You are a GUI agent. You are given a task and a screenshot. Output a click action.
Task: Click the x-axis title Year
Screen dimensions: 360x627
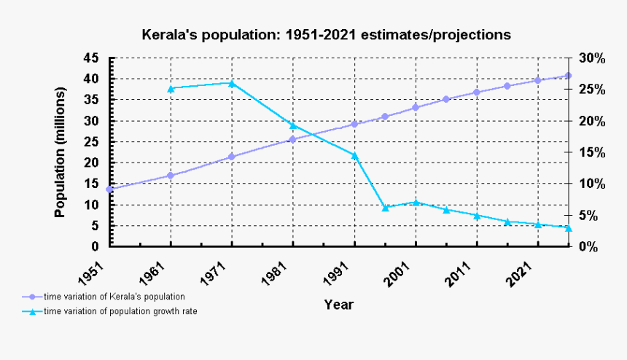pyautogui.click(x=338, y=305)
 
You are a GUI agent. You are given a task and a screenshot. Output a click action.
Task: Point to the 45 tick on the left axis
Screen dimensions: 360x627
pyautogui.click(x=90, y=58)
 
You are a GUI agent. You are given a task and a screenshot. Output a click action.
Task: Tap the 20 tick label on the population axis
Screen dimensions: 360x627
pyautogui.click(x=90, y=163)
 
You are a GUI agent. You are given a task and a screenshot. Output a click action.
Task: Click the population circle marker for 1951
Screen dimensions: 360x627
pyautogui.click(x=109, y=189)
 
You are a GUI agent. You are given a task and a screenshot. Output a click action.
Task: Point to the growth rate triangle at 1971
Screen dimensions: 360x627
pyautogui.click(x=232, y=83)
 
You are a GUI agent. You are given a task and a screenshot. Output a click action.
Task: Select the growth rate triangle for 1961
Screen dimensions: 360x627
pyautogui.click(x=171, y=89)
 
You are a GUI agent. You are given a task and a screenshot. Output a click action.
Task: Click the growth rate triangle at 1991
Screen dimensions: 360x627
pyautogui.click(x=354, y=155)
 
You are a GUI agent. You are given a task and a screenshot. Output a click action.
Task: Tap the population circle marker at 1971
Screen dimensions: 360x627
pyautogui.click(x=232, y=157)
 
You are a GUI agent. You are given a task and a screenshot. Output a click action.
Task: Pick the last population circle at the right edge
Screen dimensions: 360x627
pyautogui.click(x=568, y=76)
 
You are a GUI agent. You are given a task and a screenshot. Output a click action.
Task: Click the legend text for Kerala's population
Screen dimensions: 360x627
pyautogui.click(x=114, y=297)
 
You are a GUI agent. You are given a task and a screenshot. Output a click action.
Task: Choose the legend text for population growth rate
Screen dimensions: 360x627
pyautogui.click(x=120, y=311)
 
